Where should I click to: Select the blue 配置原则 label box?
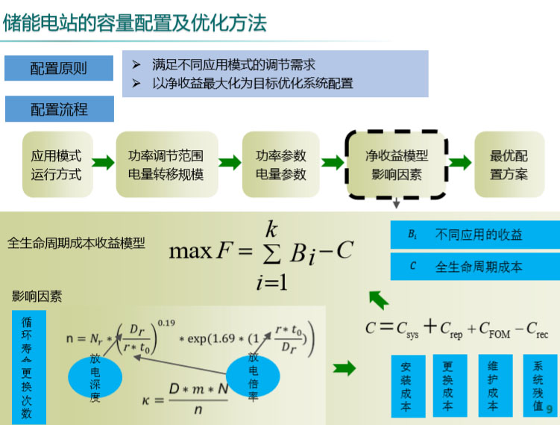point(59,68)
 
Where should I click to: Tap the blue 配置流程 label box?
point(59,109)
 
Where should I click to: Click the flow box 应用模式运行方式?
point(56,165)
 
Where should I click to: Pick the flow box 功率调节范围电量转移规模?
point(166,165)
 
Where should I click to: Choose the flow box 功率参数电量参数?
point(281,165)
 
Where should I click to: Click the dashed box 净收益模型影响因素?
point(396,165)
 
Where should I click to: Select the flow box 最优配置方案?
point(509,165)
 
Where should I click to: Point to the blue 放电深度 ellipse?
point(95,377)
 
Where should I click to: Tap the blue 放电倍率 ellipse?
point(254,373)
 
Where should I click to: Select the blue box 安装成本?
point(406,386)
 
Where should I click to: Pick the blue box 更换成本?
point(448,386)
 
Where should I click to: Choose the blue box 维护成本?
point(492,386)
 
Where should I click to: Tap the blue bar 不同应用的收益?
point(475,235)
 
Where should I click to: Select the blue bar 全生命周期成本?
point(475,266)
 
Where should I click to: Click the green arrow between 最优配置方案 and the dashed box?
point(460,164)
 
